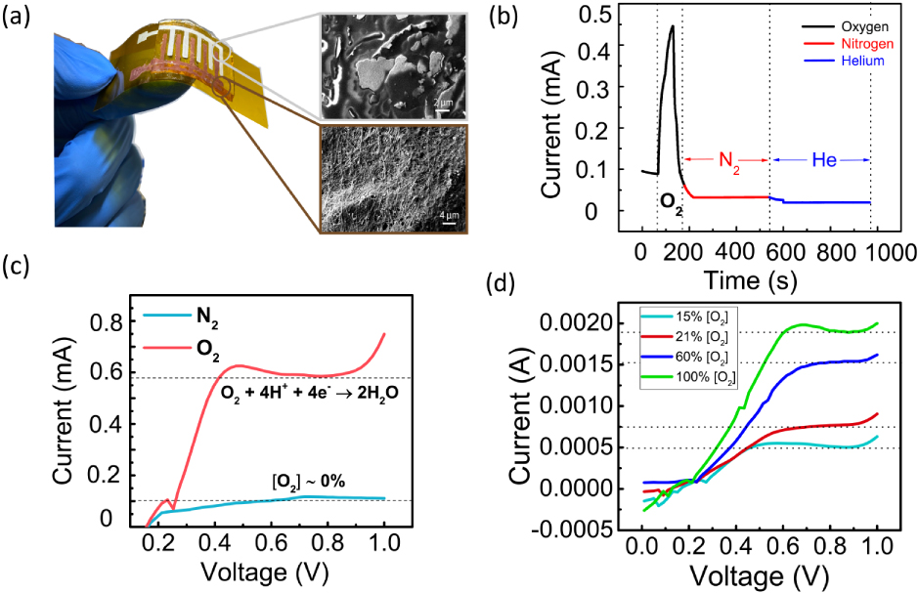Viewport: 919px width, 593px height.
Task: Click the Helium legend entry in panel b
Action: [862, 61]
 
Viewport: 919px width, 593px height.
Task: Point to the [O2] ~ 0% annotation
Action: [309, 481]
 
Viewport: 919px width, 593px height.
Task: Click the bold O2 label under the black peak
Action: [668, 202]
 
